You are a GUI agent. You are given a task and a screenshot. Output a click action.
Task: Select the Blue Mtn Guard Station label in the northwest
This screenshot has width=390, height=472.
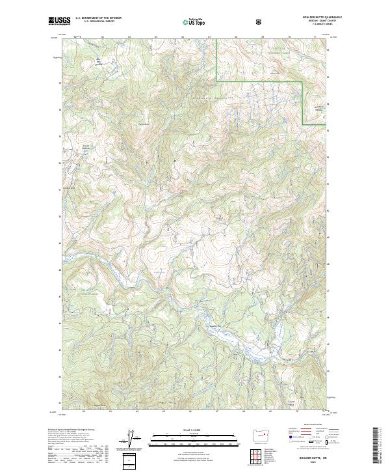click(x=99, y=62)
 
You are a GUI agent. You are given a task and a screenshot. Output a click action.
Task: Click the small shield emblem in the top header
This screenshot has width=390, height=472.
click(x=260, y=21)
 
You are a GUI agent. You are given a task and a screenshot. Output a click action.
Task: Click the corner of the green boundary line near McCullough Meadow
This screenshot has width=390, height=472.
click(x=304, y=81)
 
